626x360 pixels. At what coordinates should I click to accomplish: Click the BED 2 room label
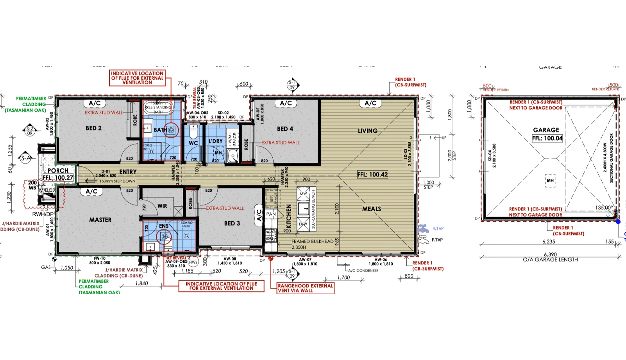[x=93, y=128]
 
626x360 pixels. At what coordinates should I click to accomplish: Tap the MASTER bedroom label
[x=100, y=220]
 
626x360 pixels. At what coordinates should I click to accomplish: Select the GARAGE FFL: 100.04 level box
[x=547, y=138]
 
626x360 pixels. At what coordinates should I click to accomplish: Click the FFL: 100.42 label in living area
[x=372, y=175]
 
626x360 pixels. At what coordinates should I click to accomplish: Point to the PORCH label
[x=58, y=171]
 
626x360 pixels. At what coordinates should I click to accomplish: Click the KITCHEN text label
[x=289, y=216]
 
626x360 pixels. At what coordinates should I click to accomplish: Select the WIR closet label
[x=162, y=206]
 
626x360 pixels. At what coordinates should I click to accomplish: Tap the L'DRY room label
[x=215, y=141]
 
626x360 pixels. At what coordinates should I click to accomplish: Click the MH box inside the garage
[x=550, y=181]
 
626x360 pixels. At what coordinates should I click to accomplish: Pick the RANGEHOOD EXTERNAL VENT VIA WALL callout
[x=305, y=288]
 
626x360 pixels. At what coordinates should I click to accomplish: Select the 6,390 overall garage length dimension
[x=550, y=254]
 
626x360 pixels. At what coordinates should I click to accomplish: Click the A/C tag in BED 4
[x=286, y=103]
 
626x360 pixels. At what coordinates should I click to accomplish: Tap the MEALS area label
[x=371, y=209]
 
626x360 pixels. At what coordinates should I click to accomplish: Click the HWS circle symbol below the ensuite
[x=193, y=262]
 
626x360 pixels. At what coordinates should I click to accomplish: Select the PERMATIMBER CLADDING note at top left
[x=31, y=104]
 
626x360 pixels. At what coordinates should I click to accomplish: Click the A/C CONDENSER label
[x=363, y=271]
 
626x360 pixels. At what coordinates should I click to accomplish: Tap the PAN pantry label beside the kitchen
[x=271, y=214]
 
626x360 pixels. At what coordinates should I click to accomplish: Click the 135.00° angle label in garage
[x=604, y=208]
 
